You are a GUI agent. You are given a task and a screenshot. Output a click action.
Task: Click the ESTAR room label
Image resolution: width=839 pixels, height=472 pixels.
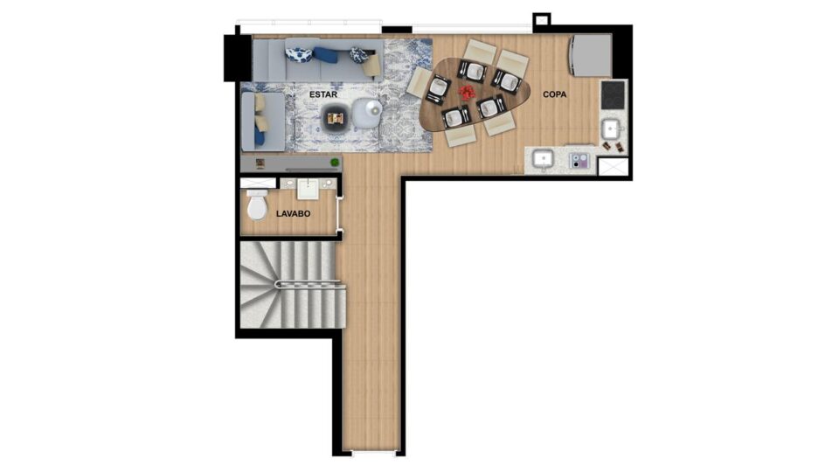pyautogui.click(x=323, y=94)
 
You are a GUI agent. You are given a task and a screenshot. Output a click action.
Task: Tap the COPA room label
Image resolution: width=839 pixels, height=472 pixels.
pyautogui.click(x=554, y=94)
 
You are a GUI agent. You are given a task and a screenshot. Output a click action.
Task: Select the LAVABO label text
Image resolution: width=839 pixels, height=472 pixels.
pyautogui.click(x=294, y=213)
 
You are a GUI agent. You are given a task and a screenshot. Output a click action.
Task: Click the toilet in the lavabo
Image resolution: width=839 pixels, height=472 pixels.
pyautogui.click(x=257, y=205)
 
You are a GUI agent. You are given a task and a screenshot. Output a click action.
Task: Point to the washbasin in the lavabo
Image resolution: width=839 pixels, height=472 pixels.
pyautogui.click(x=309, y=189)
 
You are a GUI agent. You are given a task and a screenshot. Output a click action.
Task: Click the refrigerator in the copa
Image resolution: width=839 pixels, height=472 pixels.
pyautogui.click(x=591, y=56)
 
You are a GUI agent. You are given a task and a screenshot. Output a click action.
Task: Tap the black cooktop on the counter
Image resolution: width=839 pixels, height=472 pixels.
pyautogui.click(x=613, y=95)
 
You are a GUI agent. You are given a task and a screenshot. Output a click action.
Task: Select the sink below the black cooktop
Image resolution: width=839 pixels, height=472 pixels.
pyautogui.click(x=611, y=129)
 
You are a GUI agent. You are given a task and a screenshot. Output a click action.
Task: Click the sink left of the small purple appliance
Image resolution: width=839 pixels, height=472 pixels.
pyautogui.click(x=543, y=159)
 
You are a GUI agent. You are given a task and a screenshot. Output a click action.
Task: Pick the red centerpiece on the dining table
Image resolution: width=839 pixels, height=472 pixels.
pyautogui.click(x=468, y=92)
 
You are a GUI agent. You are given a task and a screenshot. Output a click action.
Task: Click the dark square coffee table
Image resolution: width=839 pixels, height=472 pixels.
pyautogui.click(x=336, y=118)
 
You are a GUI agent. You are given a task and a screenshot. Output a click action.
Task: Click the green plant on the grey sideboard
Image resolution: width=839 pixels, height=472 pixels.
pyautogui.click(x=335, y=163)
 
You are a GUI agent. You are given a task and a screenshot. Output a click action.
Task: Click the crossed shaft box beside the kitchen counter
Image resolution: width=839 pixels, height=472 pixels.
pyautogui.click(x=613, y=166)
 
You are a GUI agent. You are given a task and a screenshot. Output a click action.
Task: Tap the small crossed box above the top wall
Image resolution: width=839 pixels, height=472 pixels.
pyautogui.click(x=542, y=20)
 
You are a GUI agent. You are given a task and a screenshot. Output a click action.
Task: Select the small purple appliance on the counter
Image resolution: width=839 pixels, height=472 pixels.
pyautogui.click(x=579, y=160)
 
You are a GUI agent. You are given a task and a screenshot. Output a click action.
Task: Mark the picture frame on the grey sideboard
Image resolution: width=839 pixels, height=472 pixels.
pyautogui.click(x=260, y=163)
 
